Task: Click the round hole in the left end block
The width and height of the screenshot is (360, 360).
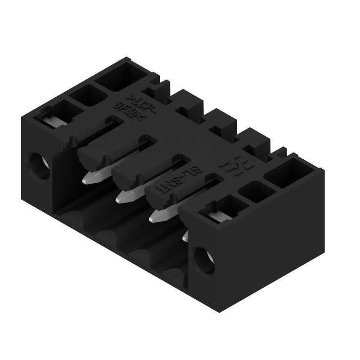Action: click(x=39, y=166)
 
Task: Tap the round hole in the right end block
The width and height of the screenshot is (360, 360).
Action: click(x=204, y=261)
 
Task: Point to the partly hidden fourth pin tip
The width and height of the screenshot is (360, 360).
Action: click(x=185, y=236)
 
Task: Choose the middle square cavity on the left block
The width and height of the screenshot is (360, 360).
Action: click(x=88, y=95)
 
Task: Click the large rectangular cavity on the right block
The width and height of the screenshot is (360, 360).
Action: click(x=288, y=173)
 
